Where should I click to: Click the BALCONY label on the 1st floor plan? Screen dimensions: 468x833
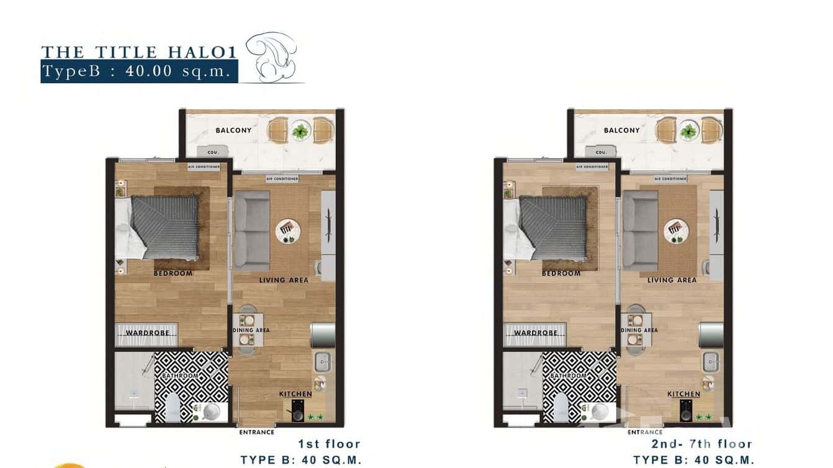(x=233, y=130)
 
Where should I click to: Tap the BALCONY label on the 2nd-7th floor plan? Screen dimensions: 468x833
(x=621, y=130)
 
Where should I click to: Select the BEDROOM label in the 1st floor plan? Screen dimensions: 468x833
(x=173, y=273)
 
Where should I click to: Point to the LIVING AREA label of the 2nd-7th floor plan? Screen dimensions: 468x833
(x=672, y=280)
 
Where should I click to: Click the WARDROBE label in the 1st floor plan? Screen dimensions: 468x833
(x=147, y=333)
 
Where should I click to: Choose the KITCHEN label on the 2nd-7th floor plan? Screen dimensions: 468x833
(x=683, y=394)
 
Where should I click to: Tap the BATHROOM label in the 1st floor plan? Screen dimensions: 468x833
(x=180, y=376)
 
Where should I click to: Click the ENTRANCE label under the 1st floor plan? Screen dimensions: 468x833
(x=256, y=432)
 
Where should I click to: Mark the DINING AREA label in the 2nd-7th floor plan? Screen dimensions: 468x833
(x=639, y=330)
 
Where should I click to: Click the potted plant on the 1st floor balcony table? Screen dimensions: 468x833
(x=300, y=131)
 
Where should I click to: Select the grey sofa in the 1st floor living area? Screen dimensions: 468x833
(x=251, y=230)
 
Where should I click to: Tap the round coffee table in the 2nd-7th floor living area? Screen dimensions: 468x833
(x=676, y=232)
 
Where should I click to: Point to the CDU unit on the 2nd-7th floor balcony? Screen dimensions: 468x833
(x=601, y=152)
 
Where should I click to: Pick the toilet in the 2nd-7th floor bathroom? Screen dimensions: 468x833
(x=561, y=408)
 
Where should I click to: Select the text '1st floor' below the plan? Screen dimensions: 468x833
(x=330, y=444)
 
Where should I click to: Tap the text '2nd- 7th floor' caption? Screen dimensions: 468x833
(x=701, y=444)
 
